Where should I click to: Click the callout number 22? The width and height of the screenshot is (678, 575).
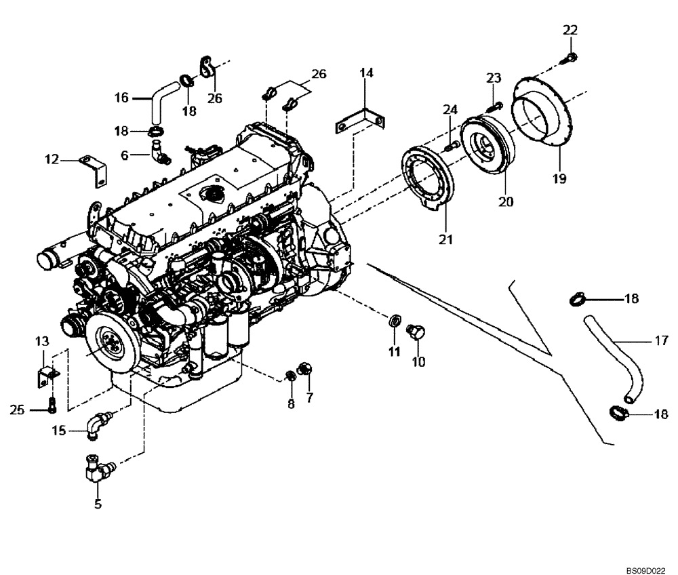570,29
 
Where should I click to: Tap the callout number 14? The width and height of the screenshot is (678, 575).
366,73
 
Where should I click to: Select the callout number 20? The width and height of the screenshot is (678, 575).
506,201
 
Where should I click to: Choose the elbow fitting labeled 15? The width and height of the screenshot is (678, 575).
99,420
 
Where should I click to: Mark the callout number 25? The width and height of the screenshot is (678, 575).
18,409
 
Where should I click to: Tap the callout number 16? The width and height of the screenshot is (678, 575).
121,98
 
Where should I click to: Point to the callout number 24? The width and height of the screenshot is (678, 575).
451,110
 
